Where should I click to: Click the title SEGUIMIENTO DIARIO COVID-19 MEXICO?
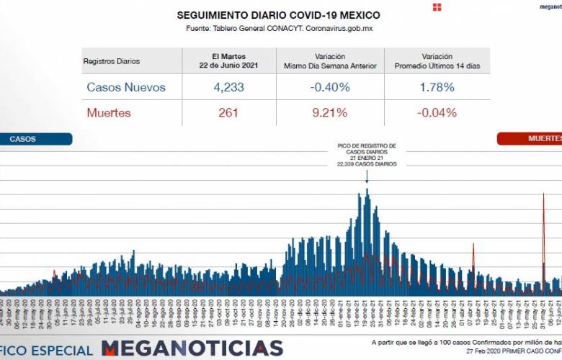pyautogui.click(x=278, y=15)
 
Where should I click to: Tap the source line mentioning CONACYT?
pyautogui.click(x=279, y=29)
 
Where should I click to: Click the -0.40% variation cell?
pyautogui.click(x=330, y=88)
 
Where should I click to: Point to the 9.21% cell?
pyautogui.click(x=330, y=112)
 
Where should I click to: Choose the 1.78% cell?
pyautogui.click(x=437, y=88)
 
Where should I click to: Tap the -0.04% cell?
pyautogui.click(x=437, y=112)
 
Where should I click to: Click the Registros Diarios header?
pyautogui.click(x=112, y=61)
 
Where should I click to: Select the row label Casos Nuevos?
pyautogui.click(x=126, y=88)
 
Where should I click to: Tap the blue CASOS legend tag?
pyautogui.click(x=36, y=139)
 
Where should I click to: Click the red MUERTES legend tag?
pyautogui.click(x=537, y=138)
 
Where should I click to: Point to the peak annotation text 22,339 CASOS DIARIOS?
pyautogui.click(x=367, y=164)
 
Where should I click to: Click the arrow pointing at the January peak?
pyautogui.click(x=367, y=176)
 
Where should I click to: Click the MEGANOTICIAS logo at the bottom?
pyautogui.click(x=192, y=348)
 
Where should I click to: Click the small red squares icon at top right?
pyautogui.click(x=437, y=7)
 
